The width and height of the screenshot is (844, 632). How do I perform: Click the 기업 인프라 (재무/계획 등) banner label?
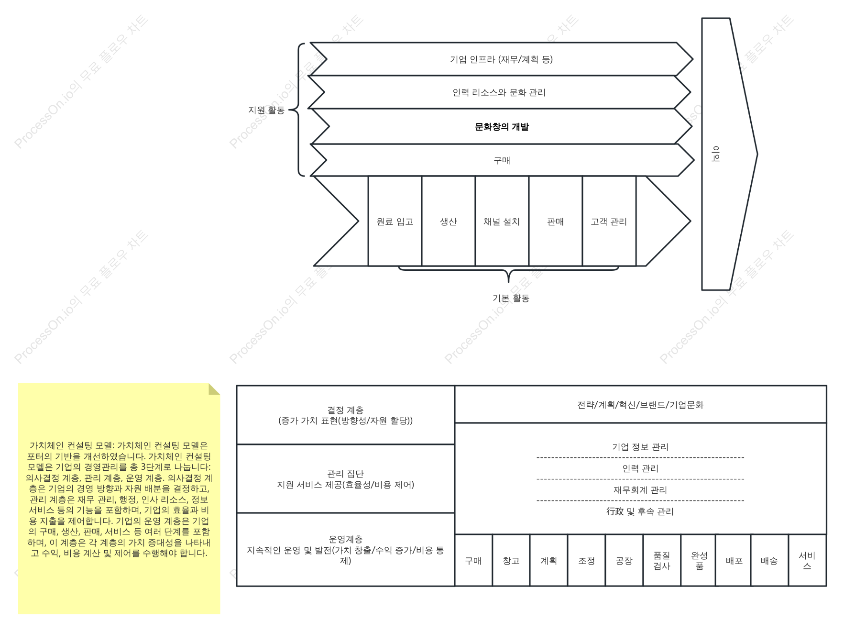coord(501,59)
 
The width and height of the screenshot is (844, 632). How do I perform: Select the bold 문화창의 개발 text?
coord(502,127)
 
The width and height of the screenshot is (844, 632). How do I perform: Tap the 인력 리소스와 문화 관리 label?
coord(499,92)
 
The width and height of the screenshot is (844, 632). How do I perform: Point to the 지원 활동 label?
coord(266,110)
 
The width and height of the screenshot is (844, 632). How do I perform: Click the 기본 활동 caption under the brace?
coord(511,298)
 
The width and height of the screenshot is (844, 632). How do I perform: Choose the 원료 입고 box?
coord(395,221)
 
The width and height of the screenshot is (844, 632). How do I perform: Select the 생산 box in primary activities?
coord(449,221)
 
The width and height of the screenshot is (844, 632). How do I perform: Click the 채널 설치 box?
coord(502,221)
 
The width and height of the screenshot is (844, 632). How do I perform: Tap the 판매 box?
coord(556,221)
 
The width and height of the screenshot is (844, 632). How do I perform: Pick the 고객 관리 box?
coord(609,221)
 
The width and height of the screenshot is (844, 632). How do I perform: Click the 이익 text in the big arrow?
coord(716,154)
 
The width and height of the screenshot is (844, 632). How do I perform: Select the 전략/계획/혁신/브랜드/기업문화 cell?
coord(641,405)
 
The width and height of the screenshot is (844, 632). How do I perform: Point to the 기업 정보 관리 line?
coord(640,447)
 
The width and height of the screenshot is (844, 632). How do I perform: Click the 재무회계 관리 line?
coord(640,490)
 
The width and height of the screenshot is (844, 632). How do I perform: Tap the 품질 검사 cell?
coord(662,560)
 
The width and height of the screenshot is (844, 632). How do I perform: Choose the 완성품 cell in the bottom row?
coord(699,560)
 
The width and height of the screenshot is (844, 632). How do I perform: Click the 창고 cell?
coord(511,560)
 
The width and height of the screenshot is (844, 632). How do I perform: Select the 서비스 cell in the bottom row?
coord(808,560)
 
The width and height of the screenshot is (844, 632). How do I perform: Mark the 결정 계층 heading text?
coord(345,410)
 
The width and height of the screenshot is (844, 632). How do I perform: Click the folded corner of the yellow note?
coord(213,389)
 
